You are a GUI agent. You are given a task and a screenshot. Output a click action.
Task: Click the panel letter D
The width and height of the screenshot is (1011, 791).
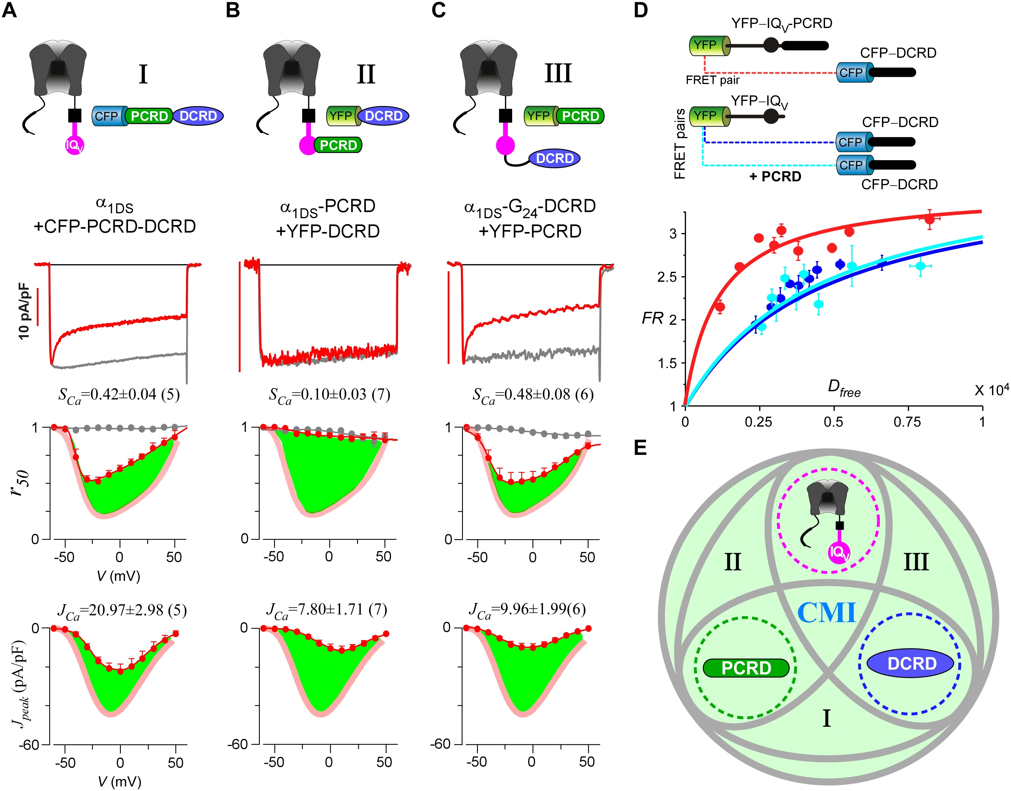[641, 10]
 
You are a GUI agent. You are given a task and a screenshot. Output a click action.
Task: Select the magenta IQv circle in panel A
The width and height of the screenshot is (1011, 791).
[74, 146]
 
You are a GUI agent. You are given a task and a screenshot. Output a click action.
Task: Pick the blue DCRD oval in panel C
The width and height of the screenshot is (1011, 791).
[554, 158]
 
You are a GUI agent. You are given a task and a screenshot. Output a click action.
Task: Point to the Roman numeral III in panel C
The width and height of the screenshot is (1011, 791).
[558, 73]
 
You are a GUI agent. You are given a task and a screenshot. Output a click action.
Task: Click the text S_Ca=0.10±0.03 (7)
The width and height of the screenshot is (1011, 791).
[329, 395]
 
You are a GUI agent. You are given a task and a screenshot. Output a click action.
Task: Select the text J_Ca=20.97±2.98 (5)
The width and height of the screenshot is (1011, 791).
[122, 611]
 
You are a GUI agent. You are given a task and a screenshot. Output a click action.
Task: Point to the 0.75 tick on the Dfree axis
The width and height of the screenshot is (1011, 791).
[907, 422]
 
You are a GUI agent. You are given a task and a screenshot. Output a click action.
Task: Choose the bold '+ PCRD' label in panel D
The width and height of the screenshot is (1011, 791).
[775, 177]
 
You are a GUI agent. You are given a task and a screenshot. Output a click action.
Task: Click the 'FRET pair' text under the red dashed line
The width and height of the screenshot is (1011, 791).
[712, 80]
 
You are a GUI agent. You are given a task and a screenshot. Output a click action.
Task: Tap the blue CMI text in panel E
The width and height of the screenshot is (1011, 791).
[827, 613]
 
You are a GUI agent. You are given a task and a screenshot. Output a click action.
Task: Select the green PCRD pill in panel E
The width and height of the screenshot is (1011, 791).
[746, 668]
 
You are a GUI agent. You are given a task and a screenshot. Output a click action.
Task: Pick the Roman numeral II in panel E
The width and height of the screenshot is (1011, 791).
[732, 562]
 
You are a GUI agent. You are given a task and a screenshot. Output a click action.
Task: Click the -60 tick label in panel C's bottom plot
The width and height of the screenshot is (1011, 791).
[441, 744]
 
